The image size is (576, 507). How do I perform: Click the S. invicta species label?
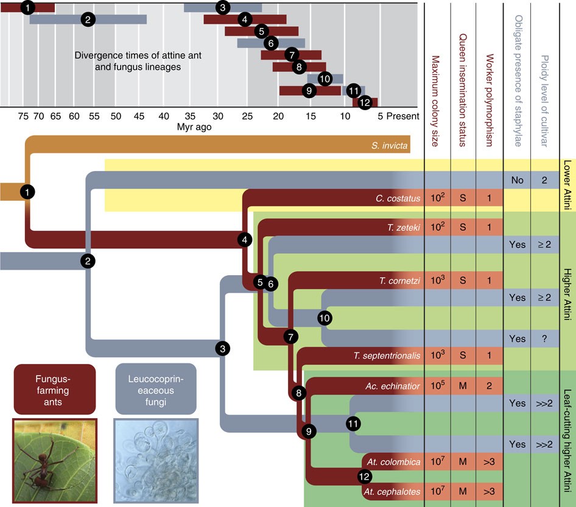click(388, 146)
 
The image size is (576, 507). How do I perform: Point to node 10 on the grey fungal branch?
click(325, 318)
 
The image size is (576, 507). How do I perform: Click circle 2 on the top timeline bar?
click(88, 19)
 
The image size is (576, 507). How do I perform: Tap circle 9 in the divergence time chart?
click(310, 91)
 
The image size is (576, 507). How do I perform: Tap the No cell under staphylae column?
click(517, 181)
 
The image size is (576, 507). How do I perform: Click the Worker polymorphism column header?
click(488, 85)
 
